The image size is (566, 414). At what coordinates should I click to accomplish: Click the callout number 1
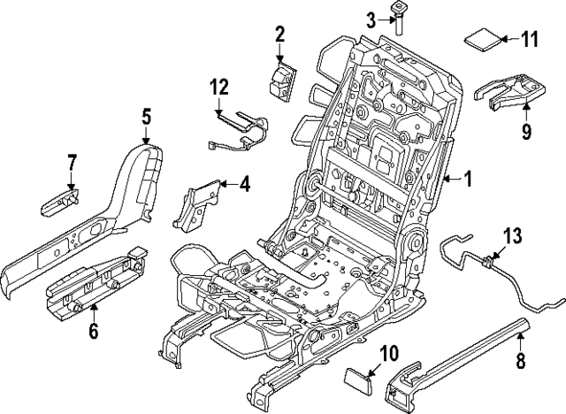(x=468, y=180)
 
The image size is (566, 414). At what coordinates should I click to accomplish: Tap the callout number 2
(x=279, y=35)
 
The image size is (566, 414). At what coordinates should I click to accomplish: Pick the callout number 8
(x=520, y=360)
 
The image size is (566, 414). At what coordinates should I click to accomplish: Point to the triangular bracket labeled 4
(x=201, y=202)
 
